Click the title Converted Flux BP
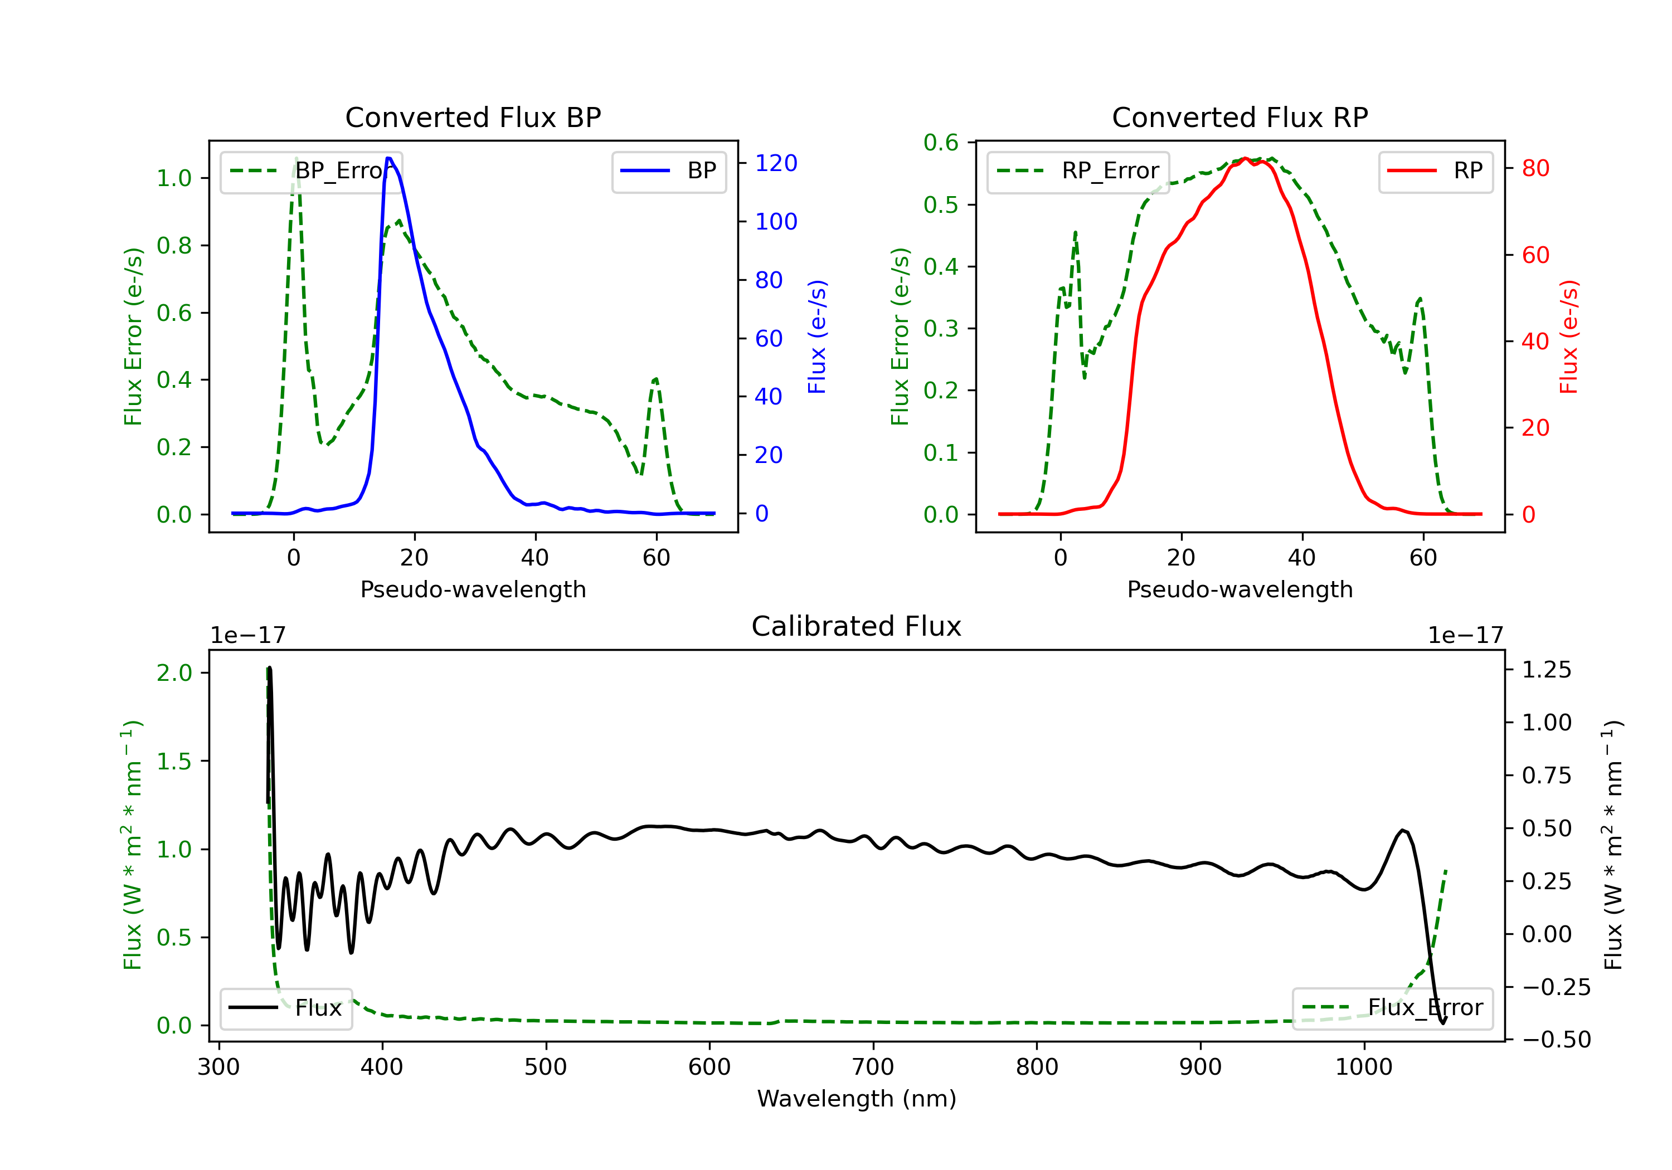473,117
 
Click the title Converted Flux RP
1240,117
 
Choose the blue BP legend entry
668,171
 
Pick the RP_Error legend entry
1078,171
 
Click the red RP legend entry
1435,171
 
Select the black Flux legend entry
285,1008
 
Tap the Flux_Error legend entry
1392,1008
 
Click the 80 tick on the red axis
1535,168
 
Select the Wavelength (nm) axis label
857,1099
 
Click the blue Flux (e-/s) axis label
817,337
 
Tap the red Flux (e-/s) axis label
1568,337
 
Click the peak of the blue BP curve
389,158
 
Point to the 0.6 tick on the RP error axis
941,143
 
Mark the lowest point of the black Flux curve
1442,1023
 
